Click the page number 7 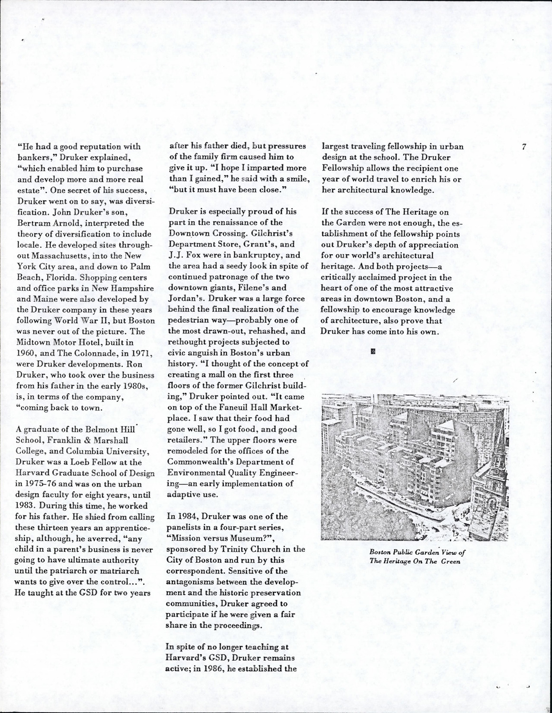(523, 146)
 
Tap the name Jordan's (184, 299)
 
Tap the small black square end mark (373, 352)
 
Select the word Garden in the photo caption (426, 552)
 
